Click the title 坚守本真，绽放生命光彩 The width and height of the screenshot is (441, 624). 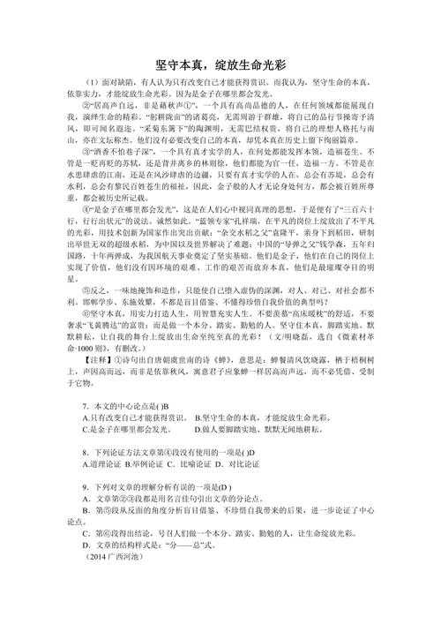point(220,64)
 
